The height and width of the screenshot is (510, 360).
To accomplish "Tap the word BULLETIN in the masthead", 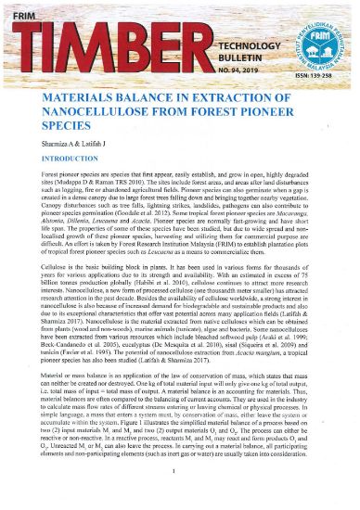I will coord(236,57).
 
